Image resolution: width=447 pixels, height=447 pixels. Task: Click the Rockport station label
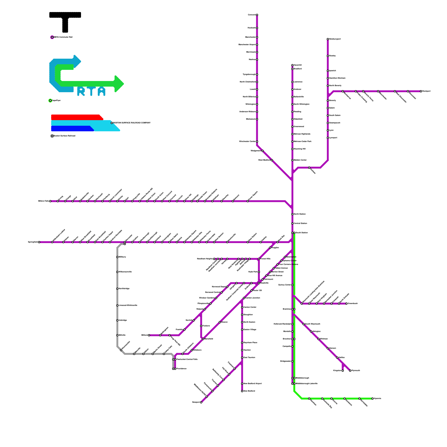tap(426, 91)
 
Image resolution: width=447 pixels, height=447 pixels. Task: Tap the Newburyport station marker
tap(328, 39)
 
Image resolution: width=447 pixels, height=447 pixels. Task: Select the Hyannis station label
tap(377, 399)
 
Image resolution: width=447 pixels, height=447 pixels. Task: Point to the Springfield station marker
tap(39, 242)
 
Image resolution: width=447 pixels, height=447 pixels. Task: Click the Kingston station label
tap(337, 371)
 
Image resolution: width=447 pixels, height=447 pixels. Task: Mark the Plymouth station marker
tap(350, 371)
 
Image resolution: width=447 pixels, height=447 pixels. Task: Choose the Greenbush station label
tap(353, 304)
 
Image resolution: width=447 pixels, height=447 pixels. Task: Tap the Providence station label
tap(181, 369)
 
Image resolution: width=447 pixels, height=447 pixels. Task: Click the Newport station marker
tap(201, 402)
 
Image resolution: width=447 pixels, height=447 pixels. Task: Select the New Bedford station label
tap(249, 391)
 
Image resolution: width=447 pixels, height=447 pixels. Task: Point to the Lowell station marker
tap(257, 89)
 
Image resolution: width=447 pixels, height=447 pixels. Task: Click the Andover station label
tap(298, 89)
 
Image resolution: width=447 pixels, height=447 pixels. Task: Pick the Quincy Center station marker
tap(293, 285)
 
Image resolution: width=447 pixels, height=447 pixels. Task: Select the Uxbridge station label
tap(123, 320)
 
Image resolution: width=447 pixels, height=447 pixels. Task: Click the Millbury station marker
tap(117, 257)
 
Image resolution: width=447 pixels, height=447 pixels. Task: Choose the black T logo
tap(65, 21)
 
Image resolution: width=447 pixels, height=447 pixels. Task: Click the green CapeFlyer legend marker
tap(50, 101)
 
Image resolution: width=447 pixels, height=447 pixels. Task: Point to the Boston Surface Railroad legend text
tap(64, 136)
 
